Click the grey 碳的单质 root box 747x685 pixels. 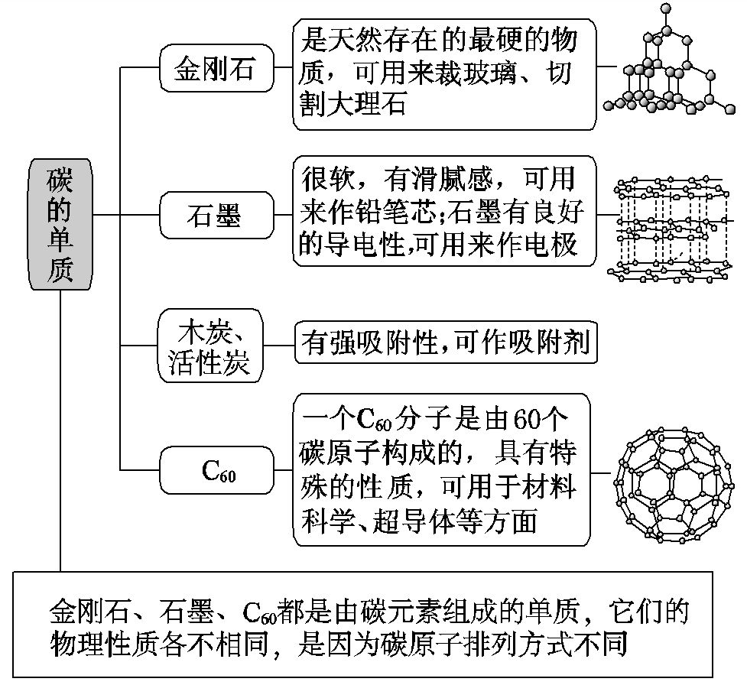60,224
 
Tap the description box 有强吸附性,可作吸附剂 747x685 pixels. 445,343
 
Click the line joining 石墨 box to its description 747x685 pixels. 284,216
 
